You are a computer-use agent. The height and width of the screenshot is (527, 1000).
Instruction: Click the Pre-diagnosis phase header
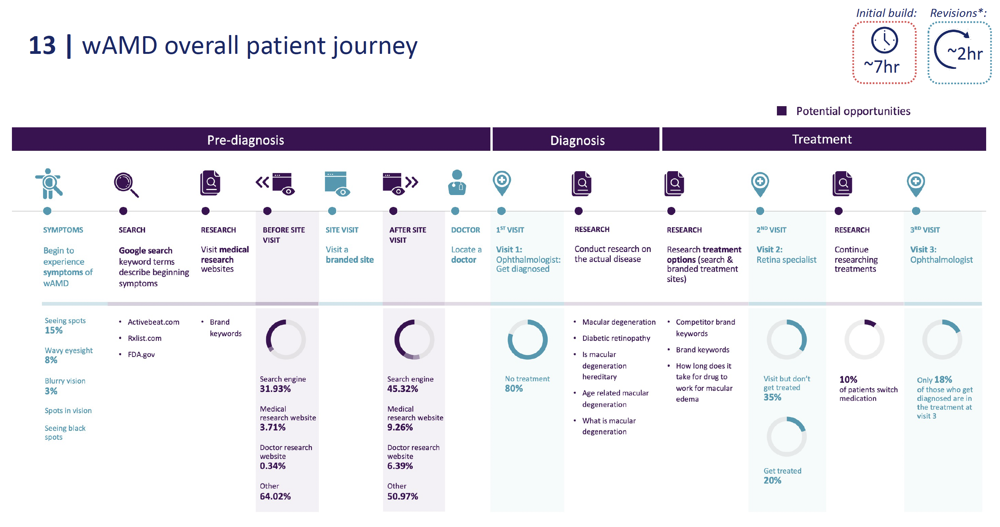point(245,140)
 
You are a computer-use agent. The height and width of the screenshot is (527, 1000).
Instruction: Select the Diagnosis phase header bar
point(577,140)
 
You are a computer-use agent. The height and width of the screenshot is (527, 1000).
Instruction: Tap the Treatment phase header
point(822,139)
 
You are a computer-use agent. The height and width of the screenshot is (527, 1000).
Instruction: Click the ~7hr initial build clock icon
point(884,40)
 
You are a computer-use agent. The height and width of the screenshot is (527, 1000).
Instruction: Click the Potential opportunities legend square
point(781,111)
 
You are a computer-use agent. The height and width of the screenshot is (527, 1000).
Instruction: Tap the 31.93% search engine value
point(275,389)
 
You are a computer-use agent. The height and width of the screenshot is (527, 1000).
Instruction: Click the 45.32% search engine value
point(402,389)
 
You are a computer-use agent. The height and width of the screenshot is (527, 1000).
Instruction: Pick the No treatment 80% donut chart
point(527,339)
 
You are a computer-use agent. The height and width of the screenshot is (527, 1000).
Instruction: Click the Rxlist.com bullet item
point(144,338)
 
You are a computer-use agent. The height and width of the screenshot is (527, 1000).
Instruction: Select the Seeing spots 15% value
point(53,330)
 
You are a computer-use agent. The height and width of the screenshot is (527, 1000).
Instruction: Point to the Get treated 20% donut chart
point(786,437)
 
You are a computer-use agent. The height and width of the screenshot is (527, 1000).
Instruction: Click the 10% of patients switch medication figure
point(848,379)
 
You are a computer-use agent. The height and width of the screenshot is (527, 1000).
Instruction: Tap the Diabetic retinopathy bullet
point(616,338)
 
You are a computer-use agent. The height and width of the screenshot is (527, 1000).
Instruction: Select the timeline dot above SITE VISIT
point(332,211)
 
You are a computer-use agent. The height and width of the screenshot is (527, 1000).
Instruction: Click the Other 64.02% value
point(275,496)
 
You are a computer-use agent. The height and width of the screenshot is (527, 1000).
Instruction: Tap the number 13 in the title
point(42,45)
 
